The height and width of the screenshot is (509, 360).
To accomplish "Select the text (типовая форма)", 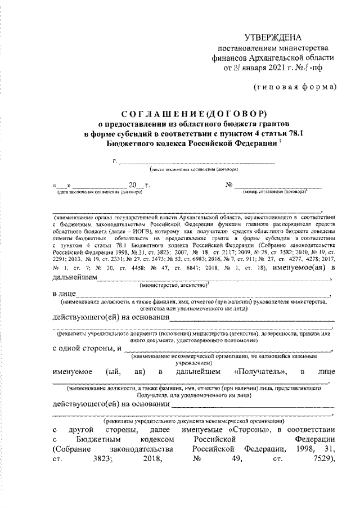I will point(294,86).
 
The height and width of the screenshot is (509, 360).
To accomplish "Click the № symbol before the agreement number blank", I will point(229,184).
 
